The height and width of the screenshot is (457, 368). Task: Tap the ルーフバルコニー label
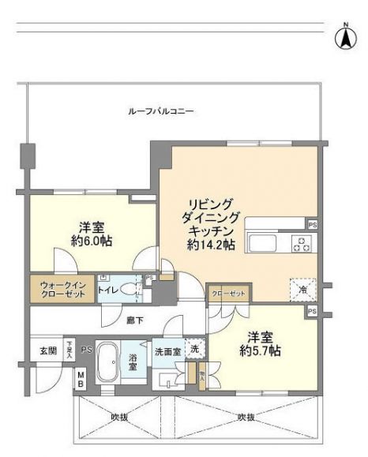(161, 111)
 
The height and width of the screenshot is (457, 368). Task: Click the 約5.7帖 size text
(261, 350)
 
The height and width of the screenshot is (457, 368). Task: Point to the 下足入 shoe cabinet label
(70, 349)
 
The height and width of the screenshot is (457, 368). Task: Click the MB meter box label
(81, 380)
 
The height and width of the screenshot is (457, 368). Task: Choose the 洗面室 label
(167, 351)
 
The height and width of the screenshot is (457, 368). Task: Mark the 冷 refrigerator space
(302, 290)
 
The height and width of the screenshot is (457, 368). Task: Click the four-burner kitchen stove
(301, 243)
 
